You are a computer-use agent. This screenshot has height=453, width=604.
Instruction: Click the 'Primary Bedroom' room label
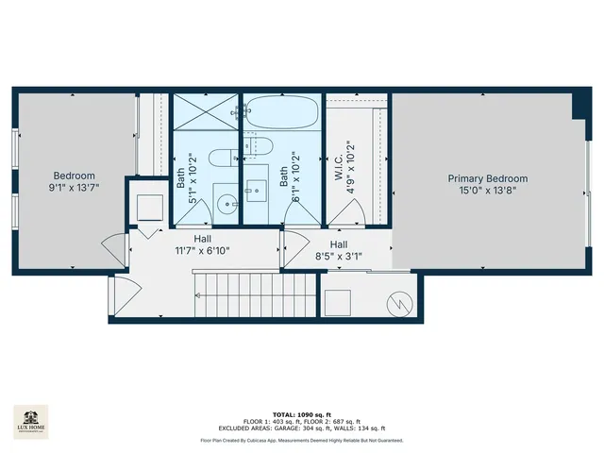[487, 178]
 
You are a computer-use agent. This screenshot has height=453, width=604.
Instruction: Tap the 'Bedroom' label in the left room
[74, 176]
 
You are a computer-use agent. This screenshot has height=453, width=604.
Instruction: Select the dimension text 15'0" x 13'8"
[487, 191]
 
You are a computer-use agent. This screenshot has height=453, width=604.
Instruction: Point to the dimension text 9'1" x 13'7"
[74, 188]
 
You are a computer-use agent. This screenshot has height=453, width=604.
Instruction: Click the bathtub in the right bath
[283, 115]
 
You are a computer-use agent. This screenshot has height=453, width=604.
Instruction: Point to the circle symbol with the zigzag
[401, 304]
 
